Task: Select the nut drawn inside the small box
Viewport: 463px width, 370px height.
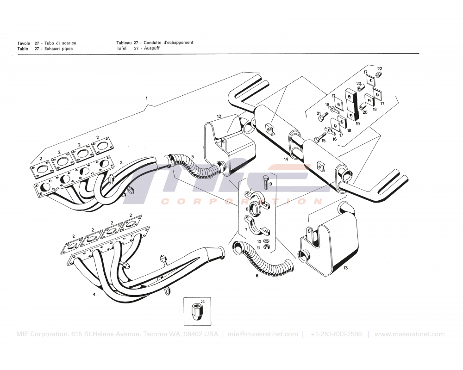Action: click(x=197, y=312)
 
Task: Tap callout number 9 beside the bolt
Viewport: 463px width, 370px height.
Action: click(x=271, y=184)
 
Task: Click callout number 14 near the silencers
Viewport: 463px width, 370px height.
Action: click(x=286, y=159)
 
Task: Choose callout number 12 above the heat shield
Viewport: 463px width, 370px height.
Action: click(x=219, y=116)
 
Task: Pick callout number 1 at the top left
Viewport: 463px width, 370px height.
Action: click(x=146, y=99)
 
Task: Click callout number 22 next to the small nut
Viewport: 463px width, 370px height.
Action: click(x=380, y=68)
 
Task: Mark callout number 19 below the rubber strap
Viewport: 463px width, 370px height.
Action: click(x=358, y=124)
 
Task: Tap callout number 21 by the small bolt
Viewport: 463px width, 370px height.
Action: click(x=319, y=113)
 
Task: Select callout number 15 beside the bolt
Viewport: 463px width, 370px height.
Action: click(x=323, y=141)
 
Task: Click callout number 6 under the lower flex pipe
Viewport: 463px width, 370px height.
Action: click(x=257, y=276)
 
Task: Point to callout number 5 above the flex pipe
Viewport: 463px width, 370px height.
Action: click(x=193, y=157)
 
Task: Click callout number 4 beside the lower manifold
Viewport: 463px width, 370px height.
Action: click(x=94, y=294)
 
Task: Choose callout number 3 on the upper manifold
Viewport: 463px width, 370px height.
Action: click(x=121, y=162)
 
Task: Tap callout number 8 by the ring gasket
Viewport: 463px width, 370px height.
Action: click(x=247, y=209)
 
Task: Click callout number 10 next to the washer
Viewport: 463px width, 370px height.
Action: click(x=259, y=241)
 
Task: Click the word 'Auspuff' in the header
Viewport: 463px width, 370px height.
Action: click(x=152, y=48)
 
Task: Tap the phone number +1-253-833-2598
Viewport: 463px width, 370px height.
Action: click(x=337, y=334)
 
